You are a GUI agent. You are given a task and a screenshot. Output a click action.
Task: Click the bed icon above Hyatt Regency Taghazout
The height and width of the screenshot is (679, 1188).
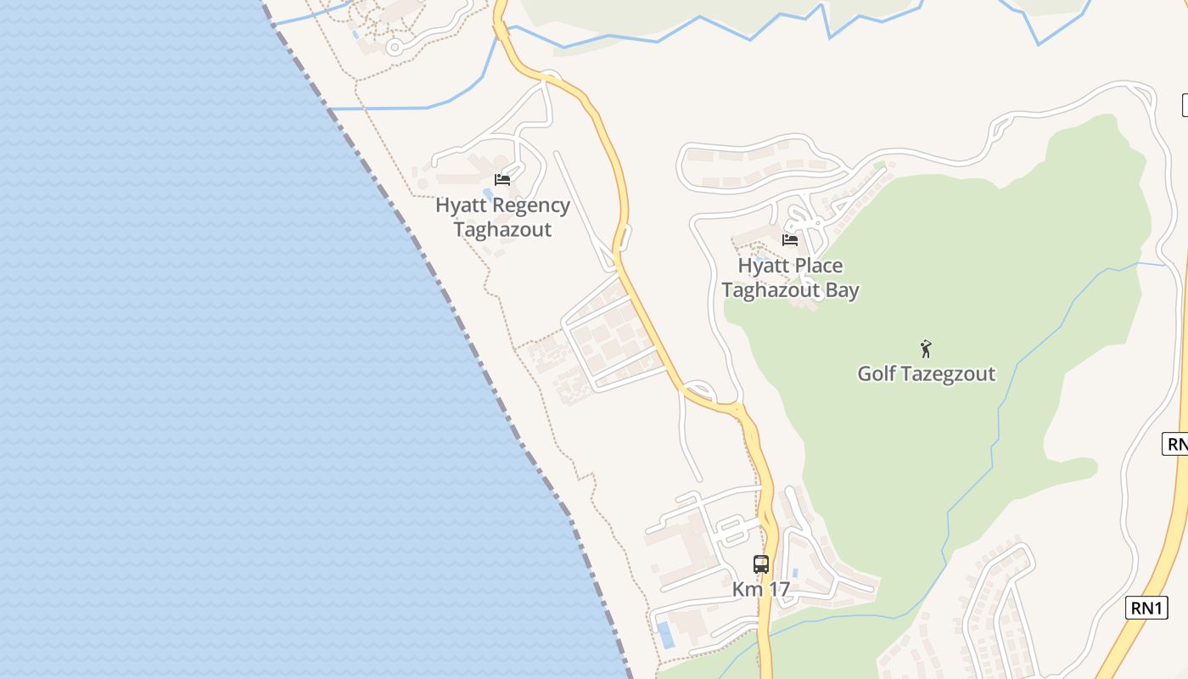(x=502, y=180)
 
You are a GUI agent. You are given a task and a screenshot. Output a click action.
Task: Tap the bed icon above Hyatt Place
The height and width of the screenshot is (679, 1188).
(x=790, y=240)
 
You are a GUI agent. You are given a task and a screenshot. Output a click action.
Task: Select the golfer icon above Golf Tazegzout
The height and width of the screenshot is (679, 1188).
(x=926, y=348)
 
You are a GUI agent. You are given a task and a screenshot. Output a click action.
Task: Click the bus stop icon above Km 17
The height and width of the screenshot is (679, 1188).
(x=761, y=564)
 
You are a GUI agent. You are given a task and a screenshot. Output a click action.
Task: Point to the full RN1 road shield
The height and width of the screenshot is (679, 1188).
(x=1146, y=608)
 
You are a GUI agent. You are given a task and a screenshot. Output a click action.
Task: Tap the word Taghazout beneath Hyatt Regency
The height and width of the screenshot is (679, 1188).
(x=502, y=229)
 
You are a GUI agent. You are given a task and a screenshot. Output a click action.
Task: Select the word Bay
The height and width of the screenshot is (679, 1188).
(x=838, y=290)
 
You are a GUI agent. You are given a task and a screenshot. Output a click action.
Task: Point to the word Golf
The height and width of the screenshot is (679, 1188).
(x=877, y=373)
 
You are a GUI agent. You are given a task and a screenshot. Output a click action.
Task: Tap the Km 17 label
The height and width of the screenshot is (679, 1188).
(x=761, y=589)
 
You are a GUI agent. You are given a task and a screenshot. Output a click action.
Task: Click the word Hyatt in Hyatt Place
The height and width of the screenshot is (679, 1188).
(x=758, y=266)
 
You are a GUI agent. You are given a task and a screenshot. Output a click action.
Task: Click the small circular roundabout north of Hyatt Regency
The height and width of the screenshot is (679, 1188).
(x=394, y=48)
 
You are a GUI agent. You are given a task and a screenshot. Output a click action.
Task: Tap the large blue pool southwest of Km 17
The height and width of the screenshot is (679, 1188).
(x=666, y=634)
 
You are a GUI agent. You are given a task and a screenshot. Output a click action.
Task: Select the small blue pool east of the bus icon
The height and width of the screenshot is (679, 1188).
(x=795, y=573)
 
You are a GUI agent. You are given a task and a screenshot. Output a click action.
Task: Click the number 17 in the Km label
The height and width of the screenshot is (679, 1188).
(x=778, y=589)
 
